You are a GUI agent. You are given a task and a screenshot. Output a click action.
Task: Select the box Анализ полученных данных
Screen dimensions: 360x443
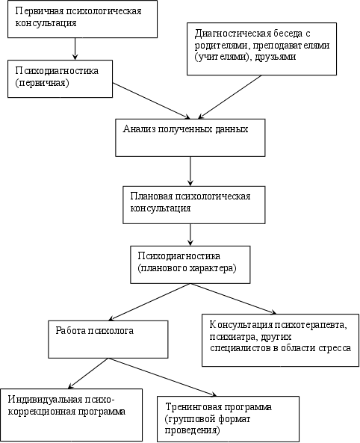[x=190, y=137]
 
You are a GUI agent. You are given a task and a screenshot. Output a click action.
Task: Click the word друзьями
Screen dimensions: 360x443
[x=276, y=57]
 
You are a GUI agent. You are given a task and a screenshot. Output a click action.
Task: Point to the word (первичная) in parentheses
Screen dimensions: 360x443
[x=42, y=83]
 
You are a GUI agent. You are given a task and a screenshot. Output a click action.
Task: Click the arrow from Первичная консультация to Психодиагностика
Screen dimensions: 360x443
[x=75, y=49]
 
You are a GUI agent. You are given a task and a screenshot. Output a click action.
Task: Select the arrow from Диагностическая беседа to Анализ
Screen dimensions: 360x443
[x=230, y=97]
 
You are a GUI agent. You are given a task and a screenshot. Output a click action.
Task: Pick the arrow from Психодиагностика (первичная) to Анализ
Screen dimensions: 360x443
[x=152, y=101]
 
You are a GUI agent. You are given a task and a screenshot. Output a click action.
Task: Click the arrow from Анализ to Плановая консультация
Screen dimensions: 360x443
[x=190, y=171]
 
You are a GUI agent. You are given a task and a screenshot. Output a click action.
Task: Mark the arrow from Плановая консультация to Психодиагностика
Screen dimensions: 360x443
[x=190, y=235]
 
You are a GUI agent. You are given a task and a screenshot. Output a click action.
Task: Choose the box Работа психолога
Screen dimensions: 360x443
[x=108, y=339]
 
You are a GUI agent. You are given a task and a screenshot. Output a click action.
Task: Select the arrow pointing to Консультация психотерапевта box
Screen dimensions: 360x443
[x=234, y=299]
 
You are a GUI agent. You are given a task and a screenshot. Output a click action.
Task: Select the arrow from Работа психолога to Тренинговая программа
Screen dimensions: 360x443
[x=163, y=377]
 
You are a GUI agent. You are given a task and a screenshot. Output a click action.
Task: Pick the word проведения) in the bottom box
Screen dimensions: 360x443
[x=192, y=430]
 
